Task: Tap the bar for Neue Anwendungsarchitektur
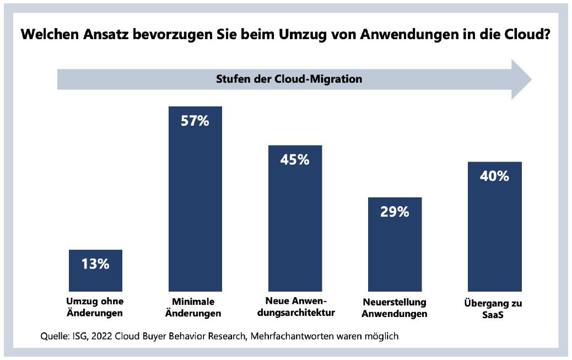pyautogui.click(x=295, y=232)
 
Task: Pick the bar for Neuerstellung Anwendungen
pyautogui.click(x=395, y=254)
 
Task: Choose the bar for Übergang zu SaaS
pyautogui.click(x=494, y=237)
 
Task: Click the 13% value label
pyautogui.click(x=95, y=264)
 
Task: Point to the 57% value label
pyautogui.click(x=195, y=121)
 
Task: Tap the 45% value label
pyautogui.click(x=295, y=160)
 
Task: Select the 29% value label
pyautogui.click(x=395, y=212)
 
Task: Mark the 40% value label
pyautogui.click(x=494, y=176)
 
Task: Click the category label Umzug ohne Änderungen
pyautogui.click(x=95, y=308)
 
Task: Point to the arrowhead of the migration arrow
pyautogui.click(x=520, y=79)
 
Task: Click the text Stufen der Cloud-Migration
pyautogui.click(x=289, y=79)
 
